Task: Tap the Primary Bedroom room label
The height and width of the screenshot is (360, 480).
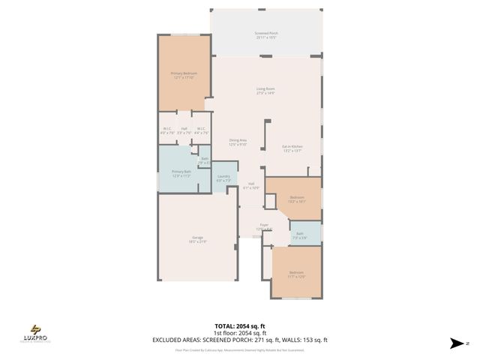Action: (x=184, y=75)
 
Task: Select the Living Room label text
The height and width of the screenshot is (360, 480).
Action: (x=266, y=91)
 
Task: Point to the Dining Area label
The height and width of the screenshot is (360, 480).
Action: (x=238, y=142)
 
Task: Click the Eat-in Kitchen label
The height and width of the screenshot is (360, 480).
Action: (x=292, y=148)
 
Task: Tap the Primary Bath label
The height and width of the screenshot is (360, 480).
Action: (x=182, y=174)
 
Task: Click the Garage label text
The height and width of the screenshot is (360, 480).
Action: (x=197, y=239)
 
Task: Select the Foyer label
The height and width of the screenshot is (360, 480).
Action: (x=264, y=226)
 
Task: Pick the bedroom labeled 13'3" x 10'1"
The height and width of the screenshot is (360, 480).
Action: (x=296, y=199)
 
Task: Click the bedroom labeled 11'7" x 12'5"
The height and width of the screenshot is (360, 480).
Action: (x=297, y=274)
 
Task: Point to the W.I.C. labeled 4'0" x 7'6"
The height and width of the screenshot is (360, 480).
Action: (x=167, y=130)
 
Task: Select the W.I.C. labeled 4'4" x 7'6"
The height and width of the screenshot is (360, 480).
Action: (x=201, y=130)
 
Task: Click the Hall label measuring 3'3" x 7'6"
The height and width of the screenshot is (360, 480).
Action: (x=184, y=130)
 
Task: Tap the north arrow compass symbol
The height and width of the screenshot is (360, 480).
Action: (x=456, y=343)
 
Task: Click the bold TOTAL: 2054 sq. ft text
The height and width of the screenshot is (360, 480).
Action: (x=240, y=326)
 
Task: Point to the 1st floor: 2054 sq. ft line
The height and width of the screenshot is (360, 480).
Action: (x=240, y=332)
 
